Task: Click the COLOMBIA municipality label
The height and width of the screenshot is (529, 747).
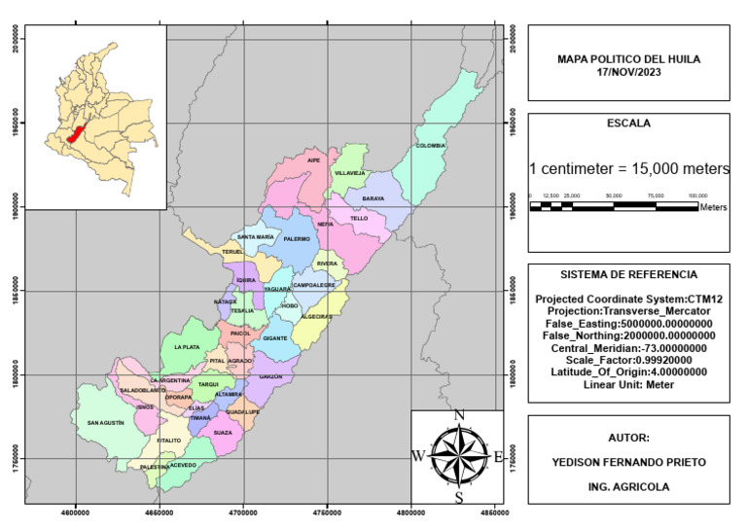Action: pyautogui.click(x=430, y=146)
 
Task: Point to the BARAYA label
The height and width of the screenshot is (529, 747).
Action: pyautogui.click(x=373, y=198)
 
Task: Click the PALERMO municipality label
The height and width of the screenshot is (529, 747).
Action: pyautogui.click(x=297, y=238)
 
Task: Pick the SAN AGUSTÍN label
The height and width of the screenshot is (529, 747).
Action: pyautogui.click(x=106, y=423)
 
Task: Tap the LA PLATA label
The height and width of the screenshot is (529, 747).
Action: pyautogui.click(x=186, y=347)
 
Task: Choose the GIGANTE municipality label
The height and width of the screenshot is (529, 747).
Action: pyautogui.click(x=275, y=337)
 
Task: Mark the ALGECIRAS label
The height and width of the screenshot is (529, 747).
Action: pyautogui.click(x=317, y=316)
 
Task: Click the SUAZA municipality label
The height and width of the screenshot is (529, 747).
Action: pyautogui.click(x=223, y=432)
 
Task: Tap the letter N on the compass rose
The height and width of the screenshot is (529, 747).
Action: pyautogui.click(x=459, y=415)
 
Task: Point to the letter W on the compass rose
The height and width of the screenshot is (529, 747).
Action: pyautogui.click(x=417, y=455)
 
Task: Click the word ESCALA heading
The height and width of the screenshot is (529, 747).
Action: pyautogui.click(x=628, y=123)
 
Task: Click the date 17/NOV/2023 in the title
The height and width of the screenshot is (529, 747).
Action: pyautogui.click(x=628, y=71)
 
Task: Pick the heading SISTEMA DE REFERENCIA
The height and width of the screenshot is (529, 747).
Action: pyautogui.click(x=628, y=274)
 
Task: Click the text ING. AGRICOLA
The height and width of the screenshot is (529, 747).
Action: pyautogui.click(x=628, y=485)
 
